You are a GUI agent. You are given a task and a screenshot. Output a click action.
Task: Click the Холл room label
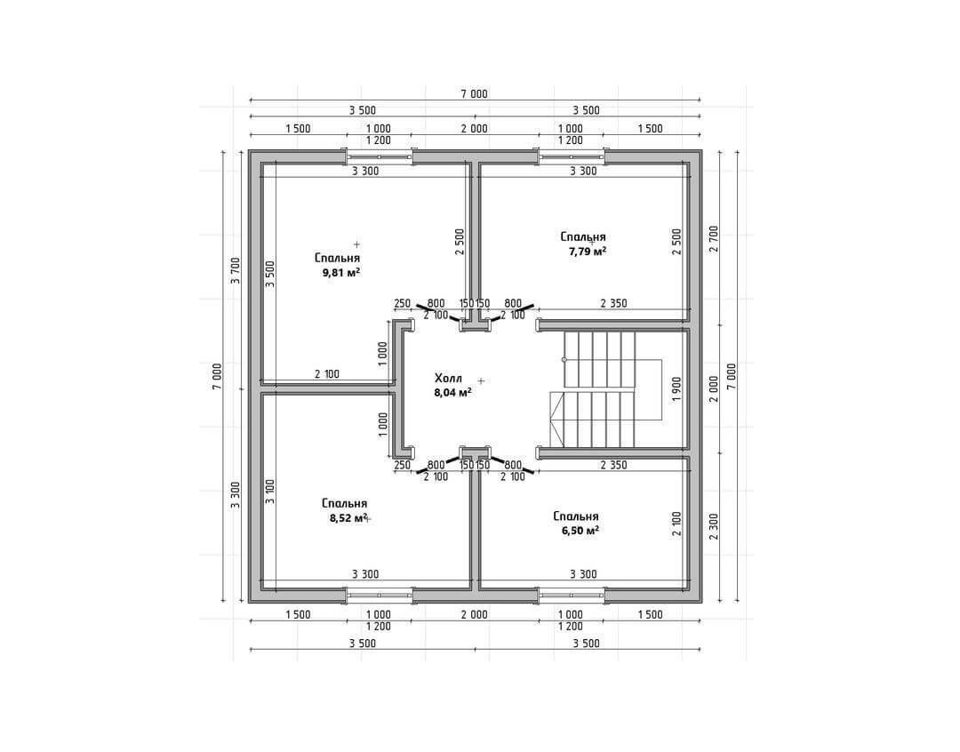(x=448, y=378)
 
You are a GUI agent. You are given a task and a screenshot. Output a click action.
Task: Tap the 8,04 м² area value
(x=452, y=393)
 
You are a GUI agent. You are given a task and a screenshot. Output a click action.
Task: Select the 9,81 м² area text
(x=341, y=273)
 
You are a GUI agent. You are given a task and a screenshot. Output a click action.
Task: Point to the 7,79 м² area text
(x=588, y=251)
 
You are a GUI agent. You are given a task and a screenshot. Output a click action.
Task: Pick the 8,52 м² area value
(x=348, y=518)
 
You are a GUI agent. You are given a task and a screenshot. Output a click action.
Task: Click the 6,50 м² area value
(x=580, y=531)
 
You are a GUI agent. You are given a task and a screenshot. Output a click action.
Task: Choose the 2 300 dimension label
(x=713, y=526)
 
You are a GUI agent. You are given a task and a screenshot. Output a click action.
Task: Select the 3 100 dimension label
(x=270, y=492)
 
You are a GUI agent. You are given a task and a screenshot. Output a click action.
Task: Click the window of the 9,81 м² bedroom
(x=379, y=156)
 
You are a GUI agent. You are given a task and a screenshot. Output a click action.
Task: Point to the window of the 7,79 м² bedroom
(x=572, y=156)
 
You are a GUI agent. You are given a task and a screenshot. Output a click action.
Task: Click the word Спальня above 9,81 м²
(x=338, y=259)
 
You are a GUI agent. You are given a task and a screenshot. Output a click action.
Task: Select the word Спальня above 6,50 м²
(x=575, y=516)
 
